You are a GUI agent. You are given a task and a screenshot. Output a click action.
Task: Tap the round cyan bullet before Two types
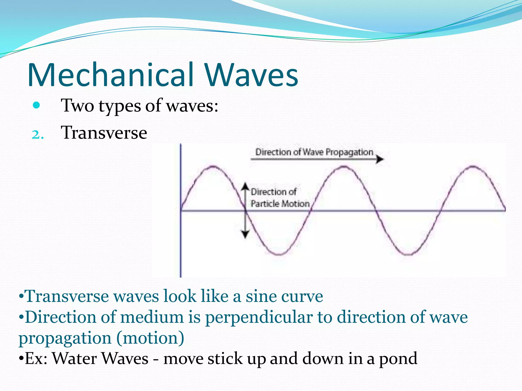tap(36, 105)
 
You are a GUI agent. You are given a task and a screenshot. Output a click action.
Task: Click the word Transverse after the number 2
tap(104, 133)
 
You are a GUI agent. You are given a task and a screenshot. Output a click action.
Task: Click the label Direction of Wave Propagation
tap(314, 152)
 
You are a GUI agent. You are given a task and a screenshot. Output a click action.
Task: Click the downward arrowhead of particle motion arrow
tap(245, 234)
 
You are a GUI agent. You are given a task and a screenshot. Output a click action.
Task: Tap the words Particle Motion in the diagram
tap(280, 204)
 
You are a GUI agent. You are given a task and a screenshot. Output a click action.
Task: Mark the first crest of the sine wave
tap(213, 166)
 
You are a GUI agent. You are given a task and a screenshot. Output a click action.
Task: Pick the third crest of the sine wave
tap(473, 166)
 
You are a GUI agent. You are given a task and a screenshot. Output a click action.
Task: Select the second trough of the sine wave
tap(409, 254)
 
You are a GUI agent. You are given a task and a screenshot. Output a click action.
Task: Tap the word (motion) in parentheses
tap(150, 338)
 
